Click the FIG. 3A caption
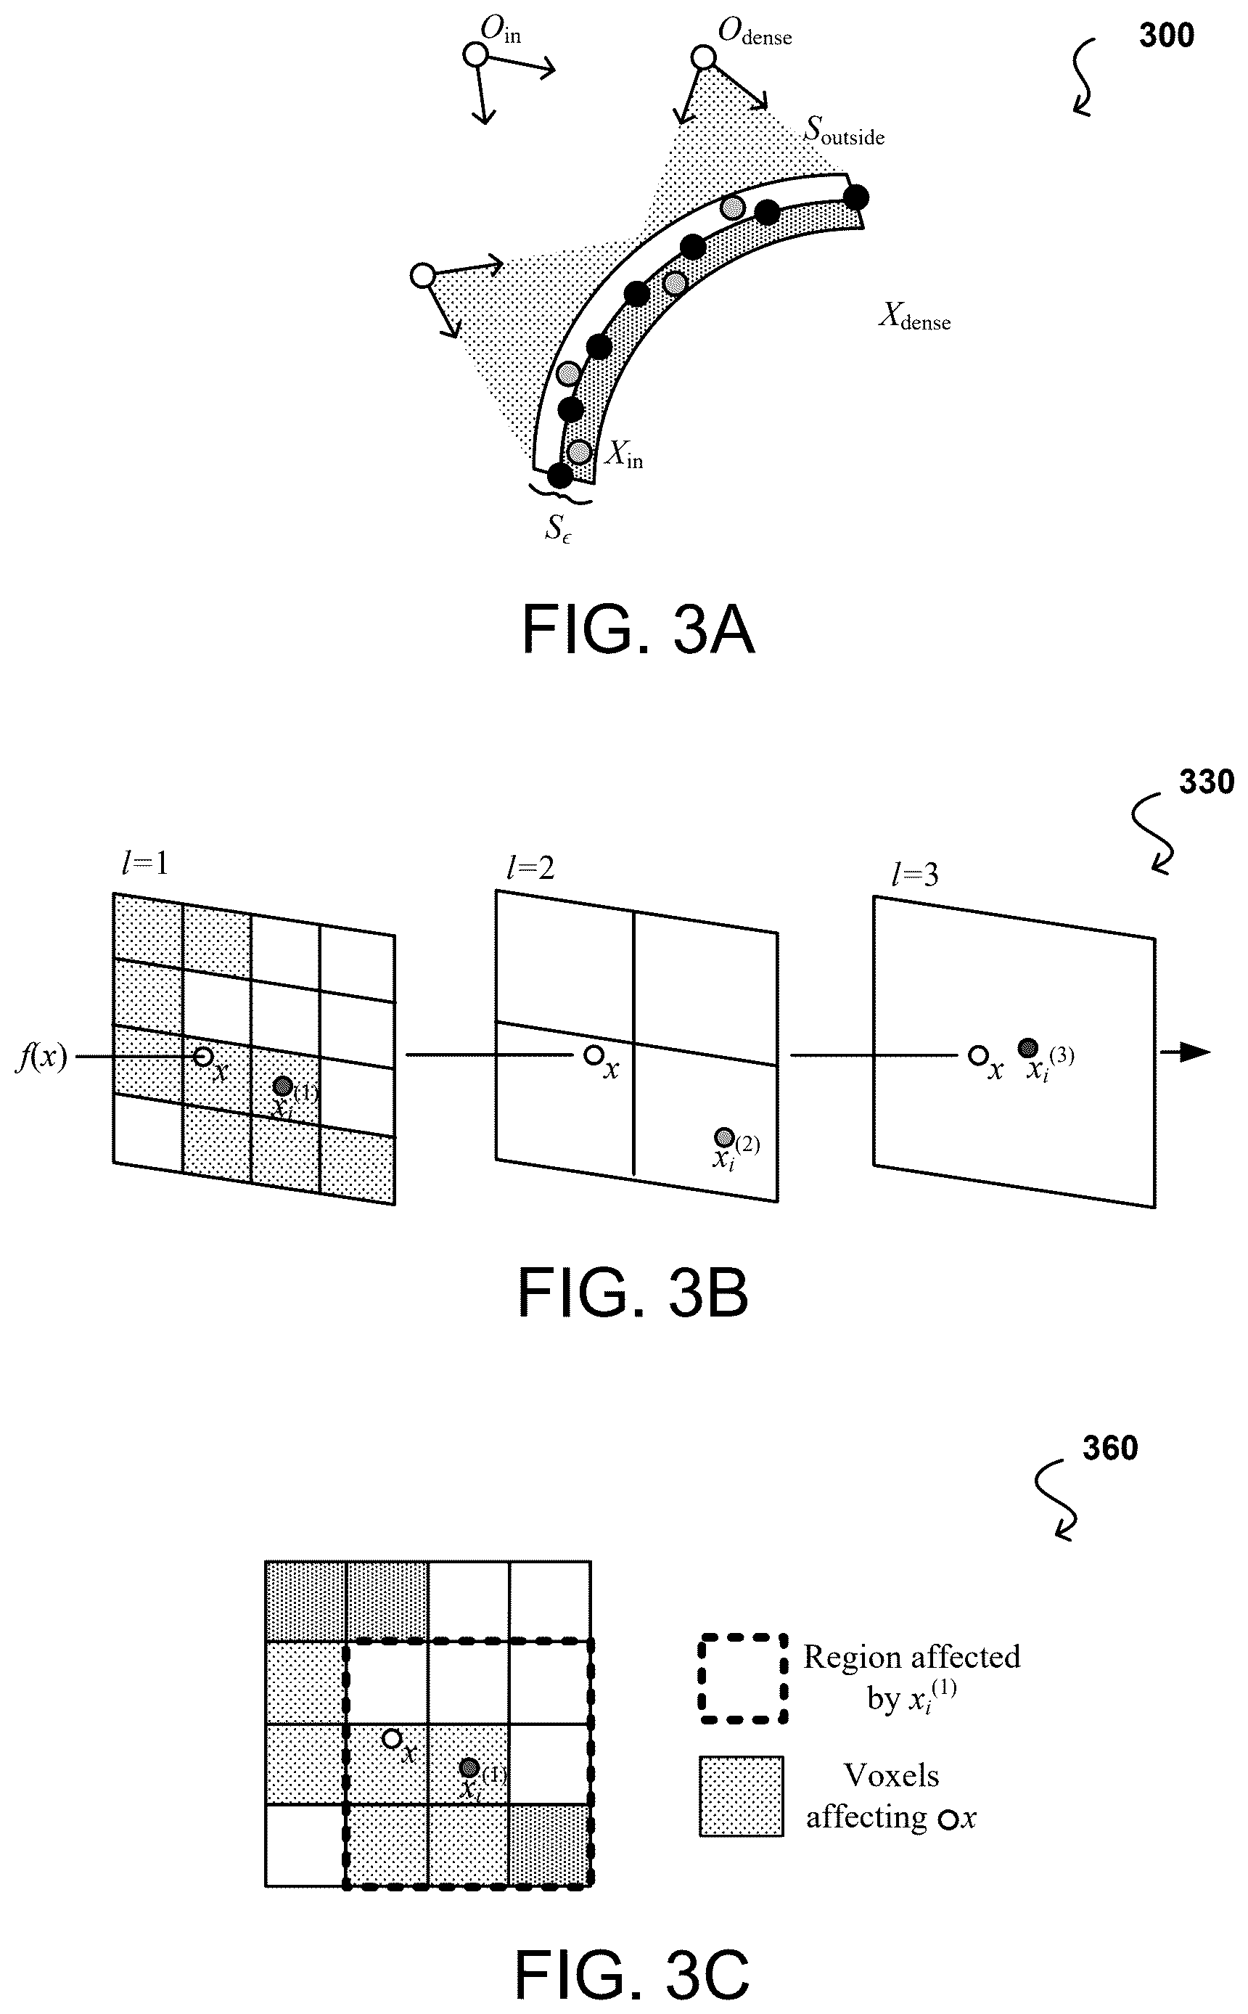638,630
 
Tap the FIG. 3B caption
633,1293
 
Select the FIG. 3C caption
632,1973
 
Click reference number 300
1166,36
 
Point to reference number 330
1206,782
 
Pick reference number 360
1110,1448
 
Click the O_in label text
501,30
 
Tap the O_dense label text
755,32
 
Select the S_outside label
845,131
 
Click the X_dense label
914,316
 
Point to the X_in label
624,453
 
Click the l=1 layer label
144,864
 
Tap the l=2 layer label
530,867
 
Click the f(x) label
41,1057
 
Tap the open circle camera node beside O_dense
703,58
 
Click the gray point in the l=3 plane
1027,1047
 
